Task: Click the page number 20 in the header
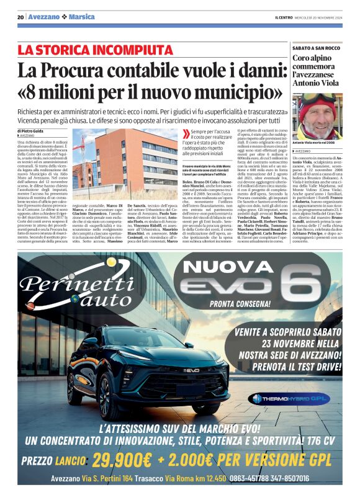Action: [x=20, y=17]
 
